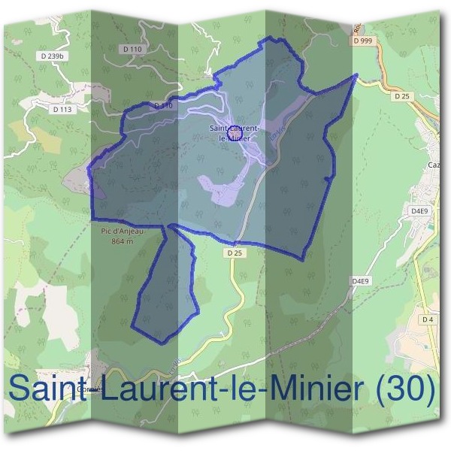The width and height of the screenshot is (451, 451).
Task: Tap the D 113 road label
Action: [62, 109]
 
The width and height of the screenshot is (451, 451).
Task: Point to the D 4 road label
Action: [427, 319]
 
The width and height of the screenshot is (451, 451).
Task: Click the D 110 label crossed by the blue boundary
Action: [162, 106]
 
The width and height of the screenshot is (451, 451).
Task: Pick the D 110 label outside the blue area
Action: [131, 49]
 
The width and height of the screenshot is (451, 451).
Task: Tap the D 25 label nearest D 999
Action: [400, 96]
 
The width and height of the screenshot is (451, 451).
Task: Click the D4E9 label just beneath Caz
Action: [419, 211]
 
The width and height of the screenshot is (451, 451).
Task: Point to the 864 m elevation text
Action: [121, 242]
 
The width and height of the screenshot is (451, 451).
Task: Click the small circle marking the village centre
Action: [234, 131]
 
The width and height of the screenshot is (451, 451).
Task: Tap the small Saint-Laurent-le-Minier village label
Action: [235, 133]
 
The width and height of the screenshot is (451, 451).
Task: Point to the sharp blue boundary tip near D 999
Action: [356, 75]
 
